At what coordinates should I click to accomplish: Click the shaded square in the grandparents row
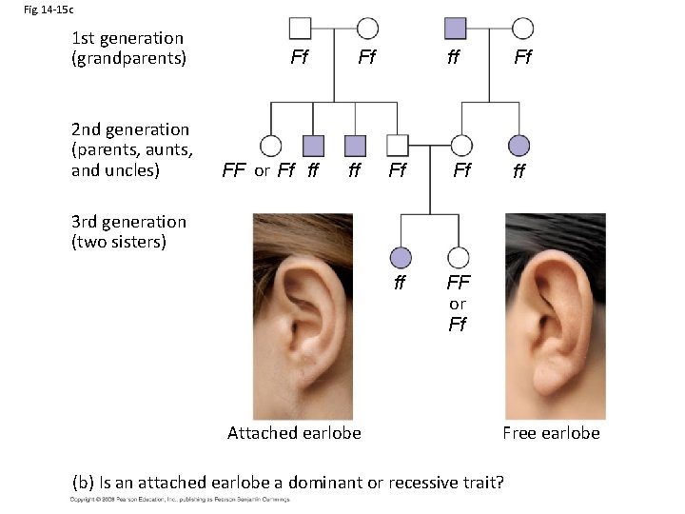tap(455, 29)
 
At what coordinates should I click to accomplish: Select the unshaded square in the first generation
tap(300, 29)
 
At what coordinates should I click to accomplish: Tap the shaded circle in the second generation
tap(519, 145)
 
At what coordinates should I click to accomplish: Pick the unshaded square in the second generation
tap(398, 145)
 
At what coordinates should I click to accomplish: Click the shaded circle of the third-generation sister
tap(401, 257)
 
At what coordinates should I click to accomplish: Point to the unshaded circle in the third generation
tap(459, 257)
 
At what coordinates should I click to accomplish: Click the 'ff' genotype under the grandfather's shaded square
tap(454, 58)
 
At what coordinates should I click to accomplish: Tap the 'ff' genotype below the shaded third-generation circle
tap(401, 283)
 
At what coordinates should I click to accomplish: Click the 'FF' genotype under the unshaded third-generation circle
tap(459, 284)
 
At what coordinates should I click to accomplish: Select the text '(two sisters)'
tap(119, 241)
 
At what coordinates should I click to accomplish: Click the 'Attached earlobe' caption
tap(294, 433)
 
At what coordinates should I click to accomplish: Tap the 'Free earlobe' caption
tap(551, 433)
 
